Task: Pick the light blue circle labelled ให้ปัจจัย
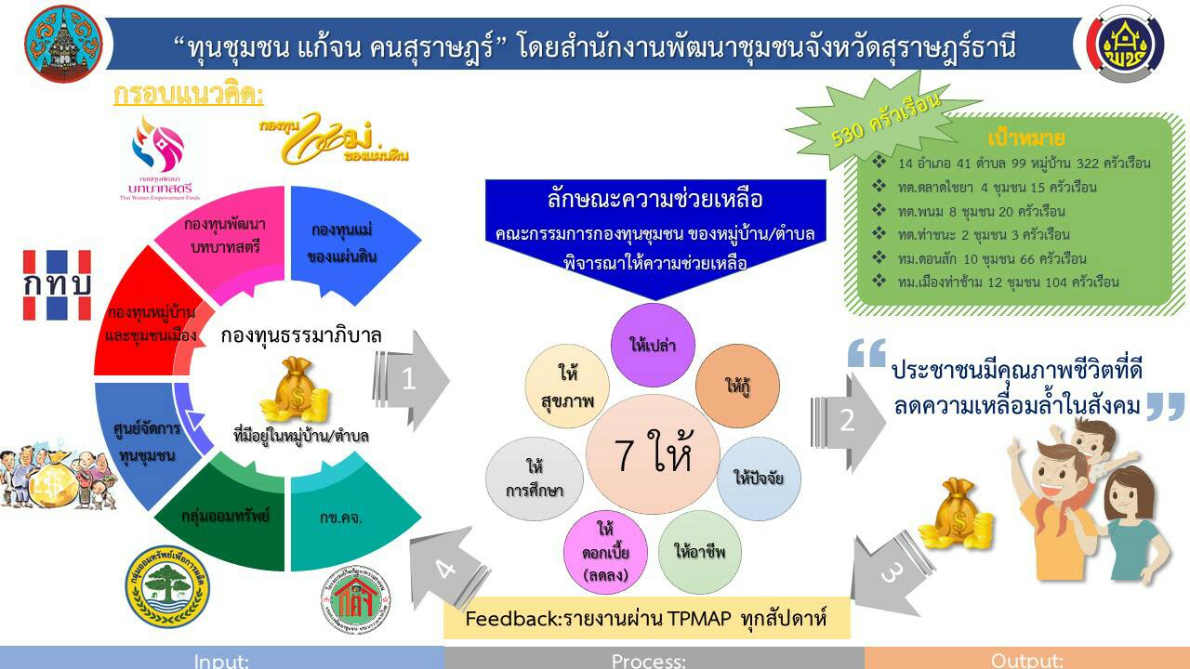click(759, 479)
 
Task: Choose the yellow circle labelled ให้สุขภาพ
click(567, 387)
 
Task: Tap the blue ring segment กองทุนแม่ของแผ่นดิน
click(342, 242)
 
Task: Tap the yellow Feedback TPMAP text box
click(646, 619)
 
